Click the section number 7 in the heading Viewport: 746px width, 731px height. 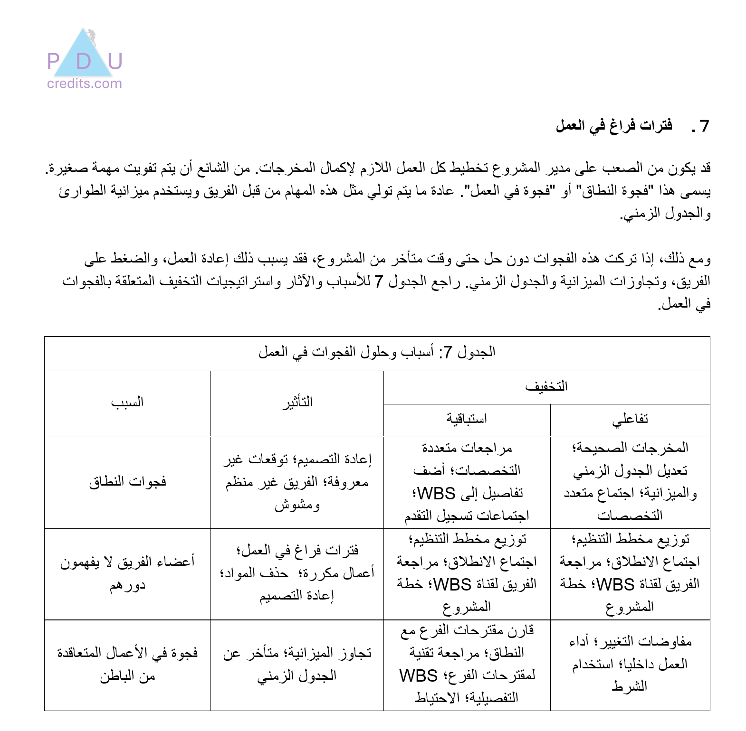(x=704, y=126)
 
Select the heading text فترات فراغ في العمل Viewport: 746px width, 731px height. (x=614, y=126)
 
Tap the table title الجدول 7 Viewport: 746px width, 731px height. (x=377, y=352)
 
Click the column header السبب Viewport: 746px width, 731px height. (x=127, y=403)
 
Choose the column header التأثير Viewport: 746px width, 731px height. (x=297, y=403)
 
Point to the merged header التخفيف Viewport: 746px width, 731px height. (x=546, y=386)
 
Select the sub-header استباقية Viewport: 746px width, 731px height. (x=467, y=419)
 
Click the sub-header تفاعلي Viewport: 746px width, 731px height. (x=630, y=419)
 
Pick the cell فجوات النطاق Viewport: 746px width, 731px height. (x=127, y=482)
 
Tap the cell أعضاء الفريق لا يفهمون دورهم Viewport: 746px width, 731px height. (x=127, y=573)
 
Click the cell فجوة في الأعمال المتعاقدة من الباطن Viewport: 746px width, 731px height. (x=127, y=664)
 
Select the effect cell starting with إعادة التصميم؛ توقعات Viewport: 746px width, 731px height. (x=297, y=482)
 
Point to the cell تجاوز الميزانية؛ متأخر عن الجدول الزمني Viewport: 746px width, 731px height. (x=297, y=664)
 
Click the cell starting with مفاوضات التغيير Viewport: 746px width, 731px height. (x=630, y=664)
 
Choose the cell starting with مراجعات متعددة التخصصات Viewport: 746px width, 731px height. (x=467, y=482)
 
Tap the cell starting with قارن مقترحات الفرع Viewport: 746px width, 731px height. (x=467, y=664)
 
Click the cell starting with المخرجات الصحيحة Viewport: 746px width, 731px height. (x=630, y=482)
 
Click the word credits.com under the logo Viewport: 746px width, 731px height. (x=85, y=84)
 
